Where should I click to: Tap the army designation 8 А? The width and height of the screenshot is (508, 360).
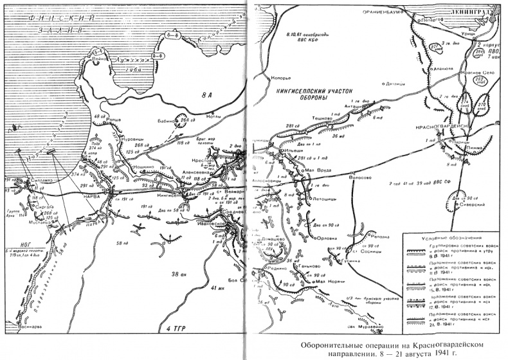pyautogui.click(x=206, y=96)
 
